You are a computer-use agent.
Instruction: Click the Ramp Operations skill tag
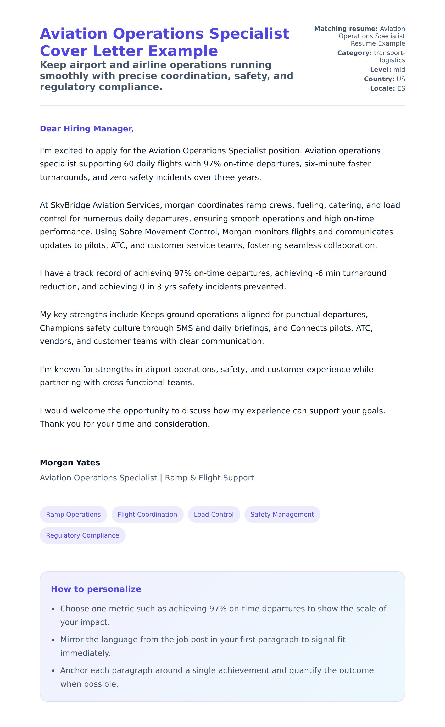(x=73, y=514)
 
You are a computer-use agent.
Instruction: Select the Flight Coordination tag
(x=147, y=514)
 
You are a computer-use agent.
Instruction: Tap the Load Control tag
(x=214, y=514)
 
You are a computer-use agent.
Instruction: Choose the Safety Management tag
(x=282, y=514)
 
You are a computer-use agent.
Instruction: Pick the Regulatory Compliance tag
(x=83, y=535)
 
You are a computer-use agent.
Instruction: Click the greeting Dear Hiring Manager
(x=87, y=129)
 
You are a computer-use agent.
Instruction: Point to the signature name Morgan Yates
(x=70, y=462)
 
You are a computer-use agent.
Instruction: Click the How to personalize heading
(x=96, y=589)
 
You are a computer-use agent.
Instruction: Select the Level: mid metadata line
(x=387, y=70)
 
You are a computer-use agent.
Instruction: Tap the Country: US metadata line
(x=384, y=79)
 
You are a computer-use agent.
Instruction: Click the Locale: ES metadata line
(x=387, y=88)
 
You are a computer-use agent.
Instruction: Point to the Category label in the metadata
(x=354, y=53)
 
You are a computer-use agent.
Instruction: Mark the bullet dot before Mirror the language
(x=53, y=640)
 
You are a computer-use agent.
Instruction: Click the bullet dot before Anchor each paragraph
(x=53, y=671)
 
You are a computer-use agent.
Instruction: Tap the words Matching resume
(x=346, y=29)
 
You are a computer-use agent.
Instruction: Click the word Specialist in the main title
(x=249, y=34)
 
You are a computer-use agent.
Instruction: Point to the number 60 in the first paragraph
(x=129, y=164)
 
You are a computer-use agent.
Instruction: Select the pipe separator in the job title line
(x=161, y=478)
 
